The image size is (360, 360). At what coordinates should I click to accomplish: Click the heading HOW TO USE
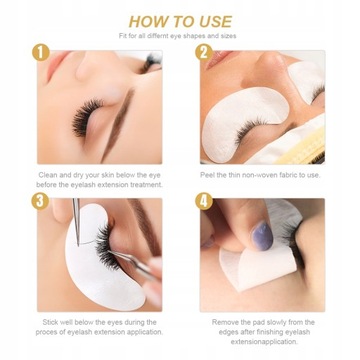point(180,19)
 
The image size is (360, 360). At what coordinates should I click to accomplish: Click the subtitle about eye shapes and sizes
point(180,36)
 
